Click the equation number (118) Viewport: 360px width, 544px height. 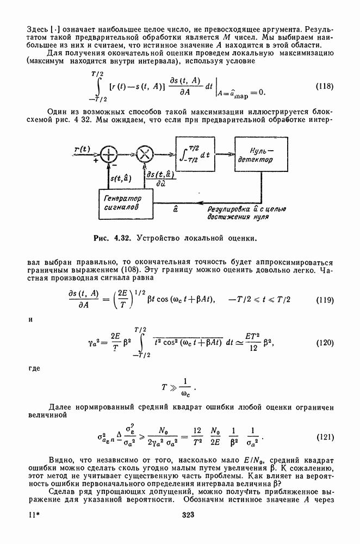[x=325, y=86]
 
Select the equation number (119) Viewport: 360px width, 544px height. [x=325, y=300]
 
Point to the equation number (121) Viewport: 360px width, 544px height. [x=325, y=437]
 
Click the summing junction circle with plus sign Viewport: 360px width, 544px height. [x=110, y=154]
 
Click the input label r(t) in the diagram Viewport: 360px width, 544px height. [x=83, y=148]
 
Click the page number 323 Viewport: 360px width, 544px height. [x=181, y=514]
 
